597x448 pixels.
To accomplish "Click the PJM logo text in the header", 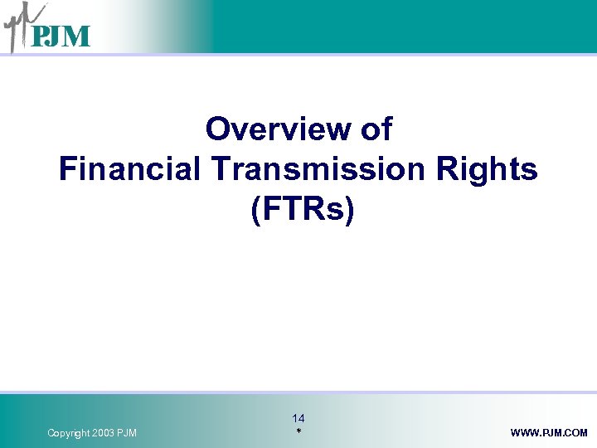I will click(61, 37).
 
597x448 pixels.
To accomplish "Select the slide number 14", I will click(298, 419).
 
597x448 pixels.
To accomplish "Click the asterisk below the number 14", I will click(298, 433).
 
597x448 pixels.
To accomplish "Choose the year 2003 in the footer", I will click(106, 433).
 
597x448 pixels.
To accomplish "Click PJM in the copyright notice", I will click(129, 433).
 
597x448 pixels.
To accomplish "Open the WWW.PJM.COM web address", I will click(549, 433).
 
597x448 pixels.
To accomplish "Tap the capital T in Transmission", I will click(221, 169).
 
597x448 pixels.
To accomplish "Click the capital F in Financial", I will click(67, 169).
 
